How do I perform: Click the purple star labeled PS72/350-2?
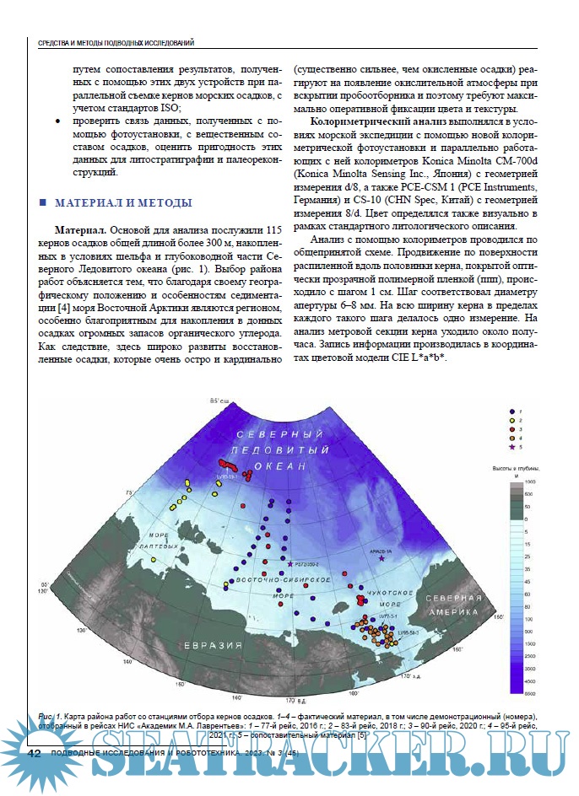pos(290,563)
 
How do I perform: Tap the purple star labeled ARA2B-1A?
pos(381,558)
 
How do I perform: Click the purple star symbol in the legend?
pos(511,447)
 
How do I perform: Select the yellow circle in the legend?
pos(511,419)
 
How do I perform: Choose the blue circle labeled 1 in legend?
pos(511,410)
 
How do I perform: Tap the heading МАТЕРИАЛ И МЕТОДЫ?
pos(123,203)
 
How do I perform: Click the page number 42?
pos(35,752)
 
